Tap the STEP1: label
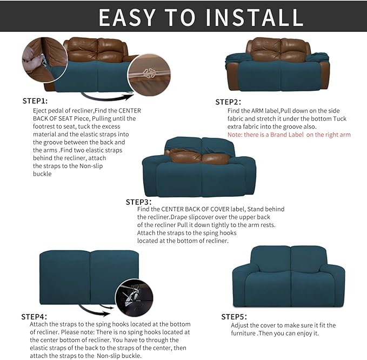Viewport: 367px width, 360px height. pyautogui.click(x=35, y=101)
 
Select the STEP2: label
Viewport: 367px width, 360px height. pyautogui.click(x=228, y=102)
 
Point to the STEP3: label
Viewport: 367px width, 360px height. pyautogui.click(x=138, y=202)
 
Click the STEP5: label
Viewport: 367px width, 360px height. pyautogui.click(x=234, y=316)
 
